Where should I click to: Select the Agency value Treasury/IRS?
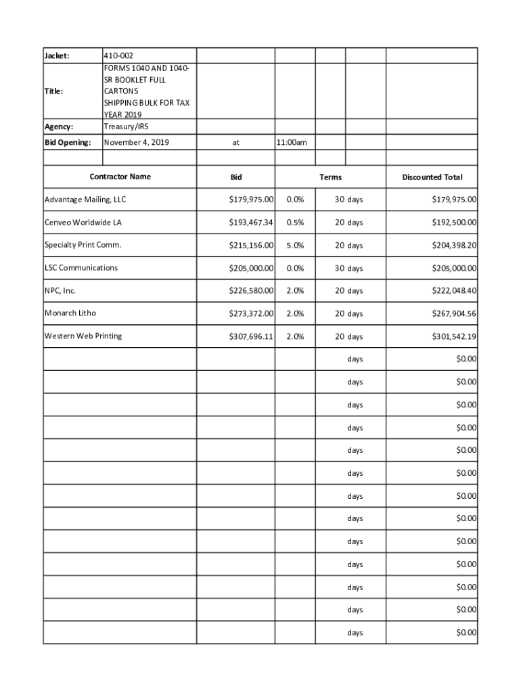[126, 126]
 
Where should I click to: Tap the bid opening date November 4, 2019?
[137, 142]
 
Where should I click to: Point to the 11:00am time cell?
[292, 142]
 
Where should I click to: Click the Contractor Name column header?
[120, 177]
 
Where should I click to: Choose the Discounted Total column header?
[432, 177]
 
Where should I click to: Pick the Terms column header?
[330, 177]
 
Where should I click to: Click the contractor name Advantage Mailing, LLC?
[85, 200]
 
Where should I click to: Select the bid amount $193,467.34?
[251, 223]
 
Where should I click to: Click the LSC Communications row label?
[81, 268]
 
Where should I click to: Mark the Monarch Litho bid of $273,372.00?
[251, 314]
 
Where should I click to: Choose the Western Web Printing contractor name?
[83, 336]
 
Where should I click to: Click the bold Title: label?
[54, 91]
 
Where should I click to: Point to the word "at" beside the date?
[235, 143]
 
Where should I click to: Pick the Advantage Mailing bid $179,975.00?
[251, 200]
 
